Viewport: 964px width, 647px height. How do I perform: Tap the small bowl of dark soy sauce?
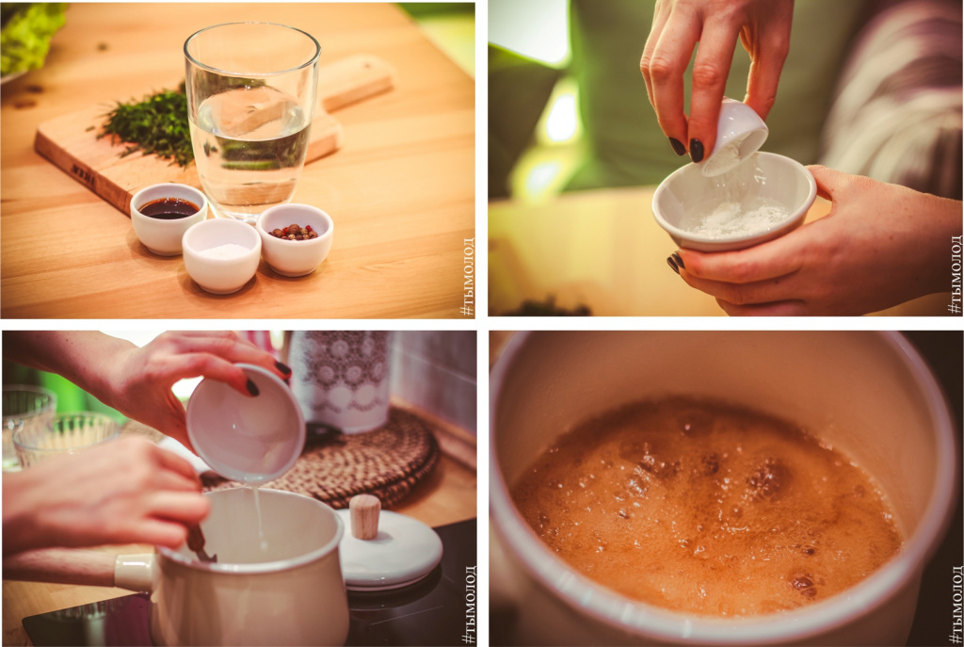(x=169, y=218)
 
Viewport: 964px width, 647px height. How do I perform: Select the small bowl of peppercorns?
(x=295, y=238)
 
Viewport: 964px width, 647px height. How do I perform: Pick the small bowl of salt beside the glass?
(x=222, y=255)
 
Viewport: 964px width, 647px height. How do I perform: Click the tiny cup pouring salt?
(x=735, y=137)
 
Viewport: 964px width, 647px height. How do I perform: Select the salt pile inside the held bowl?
(x=735, y=218)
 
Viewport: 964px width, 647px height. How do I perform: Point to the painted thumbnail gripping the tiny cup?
(x=697, y=150)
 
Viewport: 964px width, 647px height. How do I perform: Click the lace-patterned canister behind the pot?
(x=342, y=380)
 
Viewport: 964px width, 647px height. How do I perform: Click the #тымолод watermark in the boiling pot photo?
(x=956, y=606)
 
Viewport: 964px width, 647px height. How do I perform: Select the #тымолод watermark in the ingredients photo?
(x=468, y=277)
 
